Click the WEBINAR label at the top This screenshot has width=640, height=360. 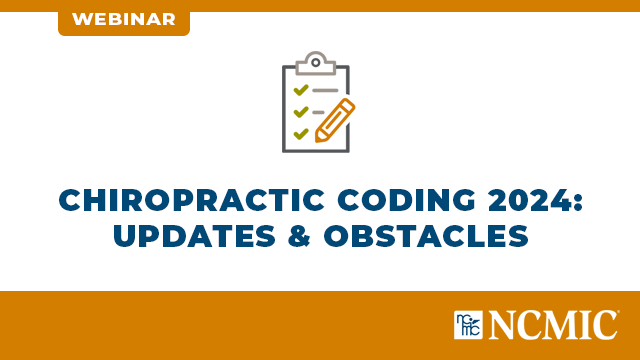coord(123,19)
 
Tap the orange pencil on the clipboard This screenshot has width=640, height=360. coord(335,119)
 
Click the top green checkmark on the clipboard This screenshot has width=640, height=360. coord(299,89)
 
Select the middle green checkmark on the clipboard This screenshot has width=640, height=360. coord(299,111)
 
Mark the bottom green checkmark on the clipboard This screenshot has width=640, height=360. coord(299,132)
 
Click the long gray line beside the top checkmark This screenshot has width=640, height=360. coord(325,89)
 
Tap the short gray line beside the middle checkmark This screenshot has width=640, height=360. coord(319,111)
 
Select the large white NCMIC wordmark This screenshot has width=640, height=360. coord(553,324)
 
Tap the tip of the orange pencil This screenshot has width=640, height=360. coord(318,137)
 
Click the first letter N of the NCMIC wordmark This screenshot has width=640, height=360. coord(504,324)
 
